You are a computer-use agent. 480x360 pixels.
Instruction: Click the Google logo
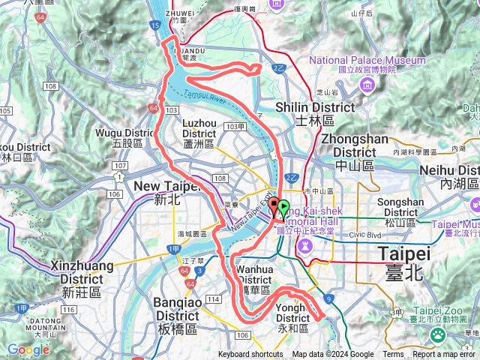(28, 349)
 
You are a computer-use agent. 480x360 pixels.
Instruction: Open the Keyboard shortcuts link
(251, 355)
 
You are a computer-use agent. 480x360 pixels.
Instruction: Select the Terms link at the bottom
(393, 355)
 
